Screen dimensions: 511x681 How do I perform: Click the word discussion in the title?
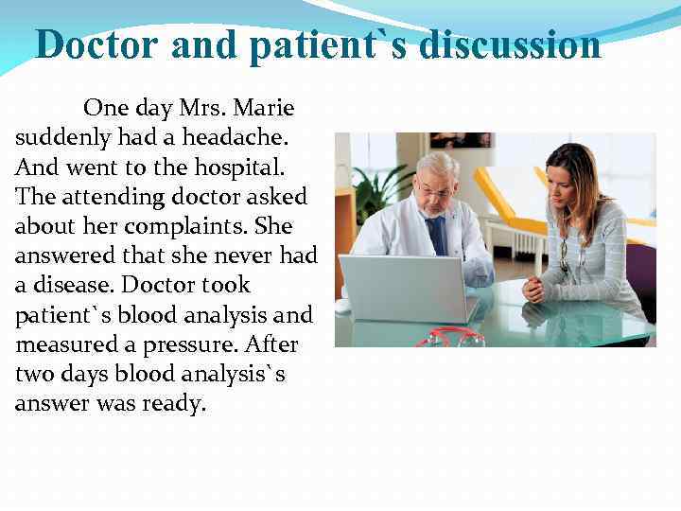click(x=510, y=45)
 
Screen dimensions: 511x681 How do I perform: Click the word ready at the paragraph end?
click(x=175, y=404)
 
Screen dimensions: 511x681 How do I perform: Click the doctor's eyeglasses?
click(x=434, y=190)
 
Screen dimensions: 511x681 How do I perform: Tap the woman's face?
click(x=567, y=179)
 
